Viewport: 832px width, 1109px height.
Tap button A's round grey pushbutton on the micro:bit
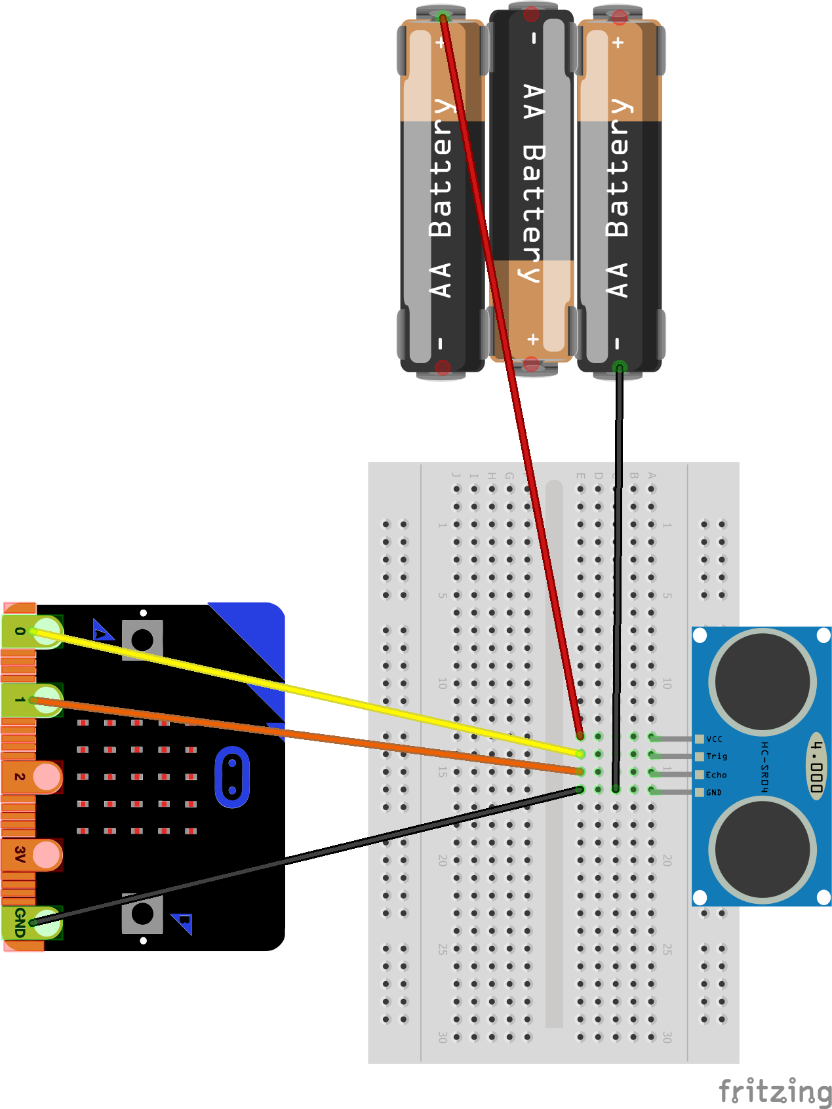click(x=142, y=640)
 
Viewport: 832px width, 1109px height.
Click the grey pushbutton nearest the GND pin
click(x=142, y=914)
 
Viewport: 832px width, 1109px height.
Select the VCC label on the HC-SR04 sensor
click(x=714, y=739)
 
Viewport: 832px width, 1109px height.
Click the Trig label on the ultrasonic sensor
click(x=716, y=756)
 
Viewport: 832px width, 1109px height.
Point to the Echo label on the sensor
click(x=716, y=775)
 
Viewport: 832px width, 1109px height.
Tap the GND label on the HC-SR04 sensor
click(x=713, y=792)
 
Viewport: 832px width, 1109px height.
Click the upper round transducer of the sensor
click(x=763, y=682)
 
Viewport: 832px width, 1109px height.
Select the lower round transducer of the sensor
click(x=763, y=849)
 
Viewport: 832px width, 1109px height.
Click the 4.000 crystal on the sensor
click(x=816, y=766)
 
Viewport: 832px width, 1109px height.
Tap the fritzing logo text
click(x=775, y=1091)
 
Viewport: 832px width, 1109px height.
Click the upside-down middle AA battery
click(x=532, y=184)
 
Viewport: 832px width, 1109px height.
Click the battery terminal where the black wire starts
click(x=619, y=368)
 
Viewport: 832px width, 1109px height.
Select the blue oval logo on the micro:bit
click(x=232, y=777)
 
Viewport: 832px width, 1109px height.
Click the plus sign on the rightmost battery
click(x=618, y=43)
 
